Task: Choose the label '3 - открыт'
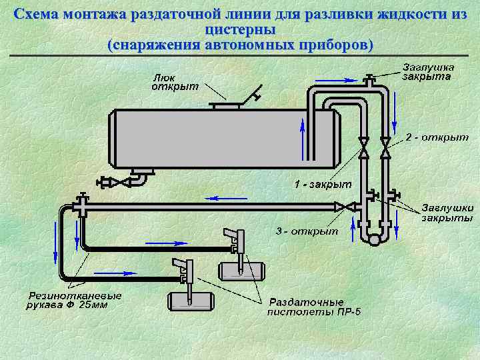coord(307,231)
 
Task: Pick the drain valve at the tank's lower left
coord(109,181)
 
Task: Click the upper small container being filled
coord(241,271)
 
